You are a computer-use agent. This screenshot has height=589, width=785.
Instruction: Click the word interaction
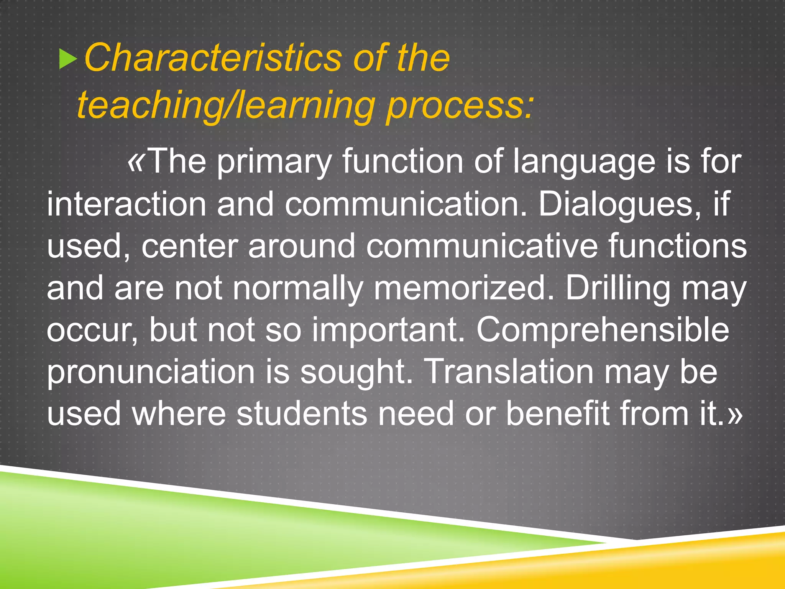coord(126,204)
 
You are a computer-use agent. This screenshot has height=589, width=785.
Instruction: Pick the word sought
coord(356,373)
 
